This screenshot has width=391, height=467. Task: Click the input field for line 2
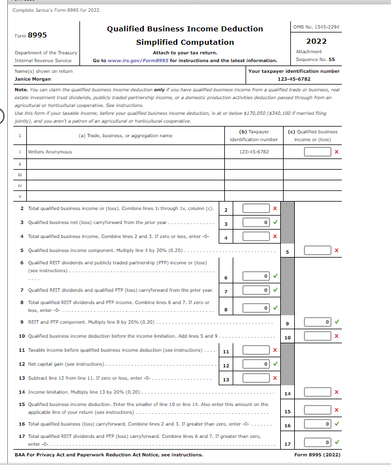point(256,209)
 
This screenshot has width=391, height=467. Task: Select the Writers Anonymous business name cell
point(50,152)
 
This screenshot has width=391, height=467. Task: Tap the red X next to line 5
point(336,251)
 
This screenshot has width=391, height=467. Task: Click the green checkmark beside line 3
point(275,223)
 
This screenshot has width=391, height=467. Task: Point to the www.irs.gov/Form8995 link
point(138,60)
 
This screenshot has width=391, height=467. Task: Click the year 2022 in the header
point(316,41)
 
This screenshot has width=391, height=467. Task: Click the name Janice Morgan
point(33,80)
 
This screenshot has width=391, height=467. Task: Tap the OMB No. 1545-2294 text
point(316,27)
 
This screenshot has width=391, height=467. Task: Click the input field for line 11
point(256,351)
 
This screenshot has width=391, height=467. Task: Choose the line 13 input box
point(256,378)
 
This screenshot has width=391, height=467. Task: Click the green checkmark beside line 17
point(336,443)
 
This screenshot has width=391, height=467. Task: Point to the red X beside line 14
point(336,393)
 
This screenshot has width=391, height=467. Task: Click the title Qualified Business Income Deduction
point(185,29)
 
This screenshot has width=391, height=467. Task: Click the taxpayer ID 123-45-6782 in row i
point(253,152)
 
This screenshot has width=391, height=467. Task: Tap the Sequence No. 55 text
point(316,59)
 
